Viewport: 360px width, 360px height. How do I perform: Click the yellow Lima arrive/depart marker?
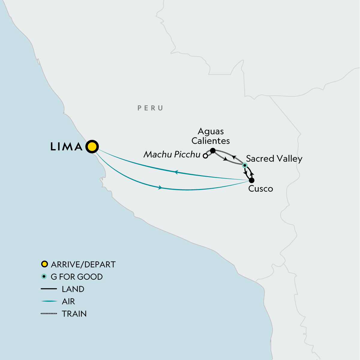[92, 147]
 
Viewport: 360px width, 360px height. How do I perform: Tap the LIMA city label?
[67, 147]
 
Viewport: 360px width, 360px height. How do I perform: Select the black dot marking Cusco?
[252, 180]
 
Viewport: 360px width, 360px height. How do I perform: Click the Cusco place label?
[261, 189]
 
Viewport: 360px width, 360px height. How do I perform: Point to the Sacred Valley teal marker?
[245, 165]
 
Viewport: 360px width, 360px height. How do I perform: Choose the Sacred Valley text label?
[274, 159]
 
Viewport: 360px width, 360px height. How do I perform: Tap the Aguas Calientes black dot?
[213, 150]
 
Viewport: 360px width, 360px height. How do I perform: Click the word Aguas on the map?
[211, 131]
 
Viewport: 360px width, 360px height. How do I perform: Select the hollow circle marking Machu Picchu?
[205, 156]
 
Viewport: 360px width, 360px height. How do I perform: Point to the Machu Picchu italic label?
[172, 154]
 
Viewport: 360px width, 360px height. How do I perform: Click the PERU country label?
[150, 108]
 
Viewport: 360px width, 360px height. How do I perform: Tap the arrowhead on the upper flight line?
[176, 172]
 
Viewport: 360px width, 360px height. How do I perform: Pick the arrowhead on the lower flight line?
[160, 187]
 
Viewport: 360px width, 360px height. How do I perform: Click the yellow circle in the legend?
[44, 264]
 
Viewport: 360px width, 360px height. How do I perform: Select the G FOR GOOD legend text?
[77, 277]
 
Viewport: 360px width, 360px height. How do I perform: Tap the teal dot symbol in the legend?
[44, 277]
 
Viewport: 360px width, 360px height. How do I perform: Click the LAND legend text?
[73, 289]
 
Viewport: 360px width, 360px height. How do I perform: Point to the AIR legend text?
[68, 301]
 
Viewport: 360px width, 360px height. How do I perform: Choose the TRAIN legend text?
[74, 313]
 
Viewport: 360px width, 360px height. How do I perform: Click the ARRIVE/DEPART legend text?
[83, 264]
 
